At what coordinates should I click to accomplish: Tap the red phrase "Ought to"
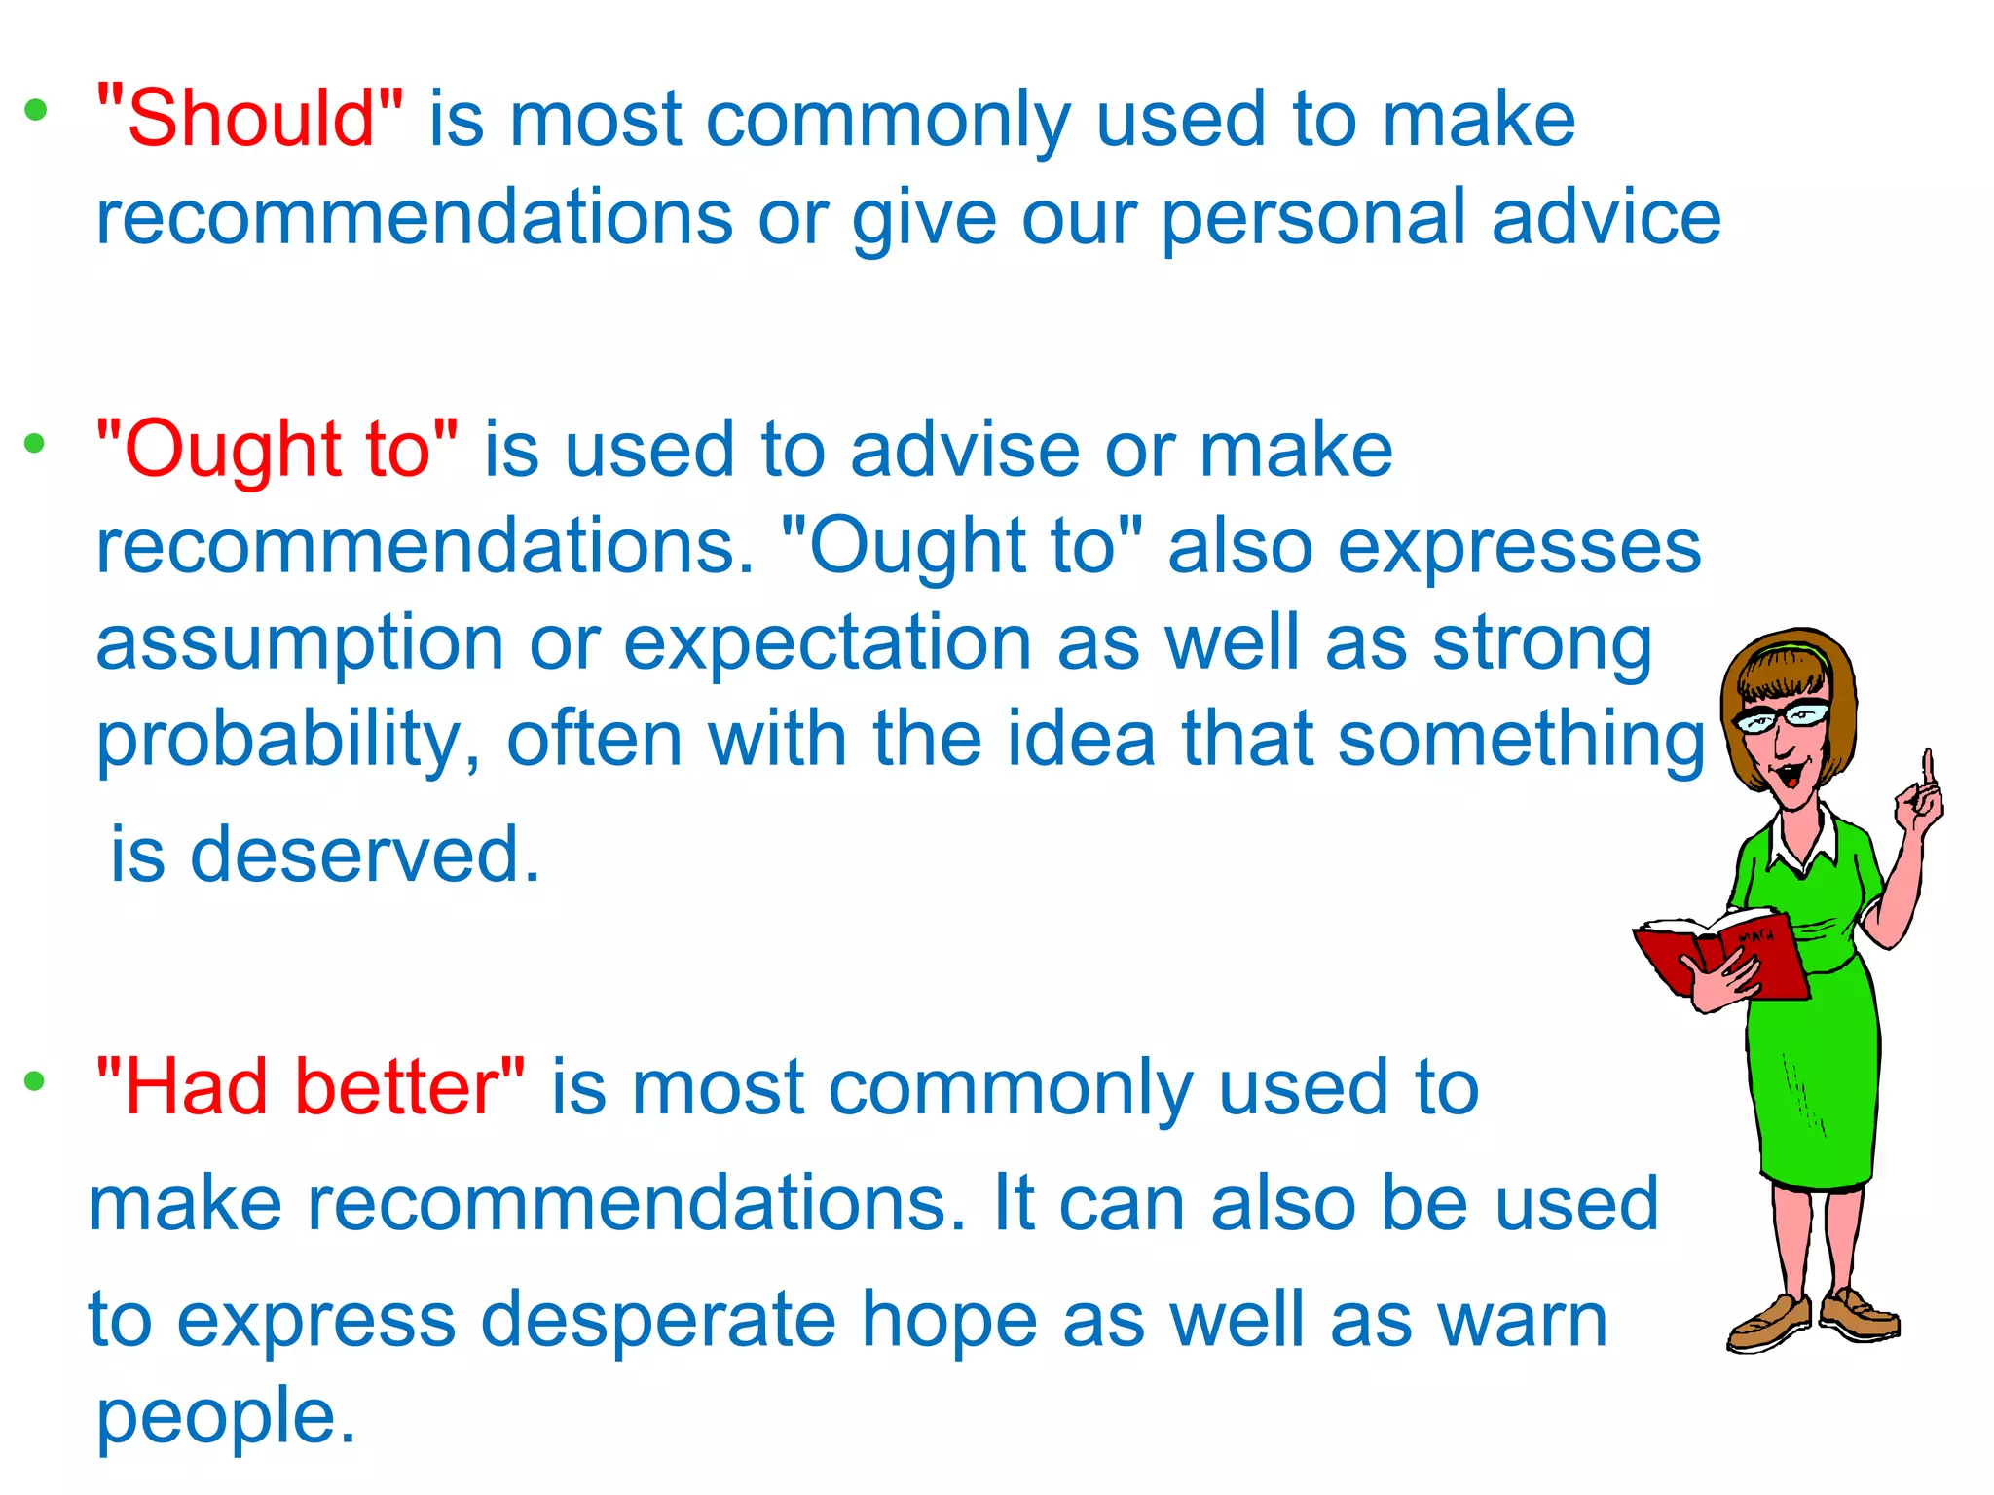click(277, 450)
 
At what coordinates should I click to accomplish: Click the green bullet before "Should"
click(36, 110)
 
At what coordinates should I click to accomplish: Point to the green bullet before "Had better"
click(35, 1080)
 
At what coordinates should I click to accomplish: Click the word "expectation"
click(828, 643)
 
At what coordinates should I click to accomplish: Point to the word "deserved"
click(364, 855)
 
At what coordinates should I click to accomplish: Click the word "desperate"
click(658, 1320)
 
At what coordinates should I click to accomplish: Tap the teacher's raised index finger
click(1927, 768)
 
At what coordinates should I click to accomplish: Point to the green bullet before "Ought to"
click(35, 444)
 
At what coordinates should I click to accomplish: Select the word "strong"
click(1542, 643)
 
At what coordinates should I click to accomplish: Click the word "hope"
click(949, 1320)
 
